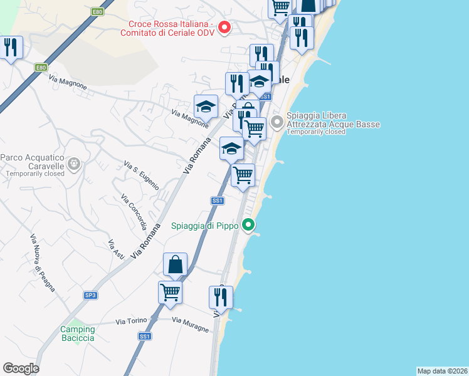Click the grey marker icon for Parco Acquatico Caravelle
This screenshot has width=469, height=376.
coord(74,164)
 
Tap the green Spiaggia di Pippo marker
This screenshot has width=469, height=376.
coord(249,224)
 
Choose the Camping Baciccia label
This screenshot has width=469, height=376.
coord(78,333)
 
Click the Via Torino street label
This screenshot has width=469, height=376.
coord(131,321)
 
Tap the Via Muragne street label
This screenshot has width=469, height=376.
coord(190,325)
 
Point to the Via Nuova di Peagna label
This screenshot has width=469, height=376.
coord(43,263)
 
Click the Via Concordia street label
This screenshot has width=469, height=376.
coord(134,213)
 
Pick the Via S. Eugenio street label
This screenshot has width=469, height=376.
coord(142,176)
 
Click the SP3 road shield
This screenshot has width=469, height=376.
coord(90,295)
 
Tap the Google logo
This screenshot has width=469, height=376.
coord(21,368)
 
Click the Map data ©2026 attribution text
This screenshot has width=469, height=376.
coord(442,371)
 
